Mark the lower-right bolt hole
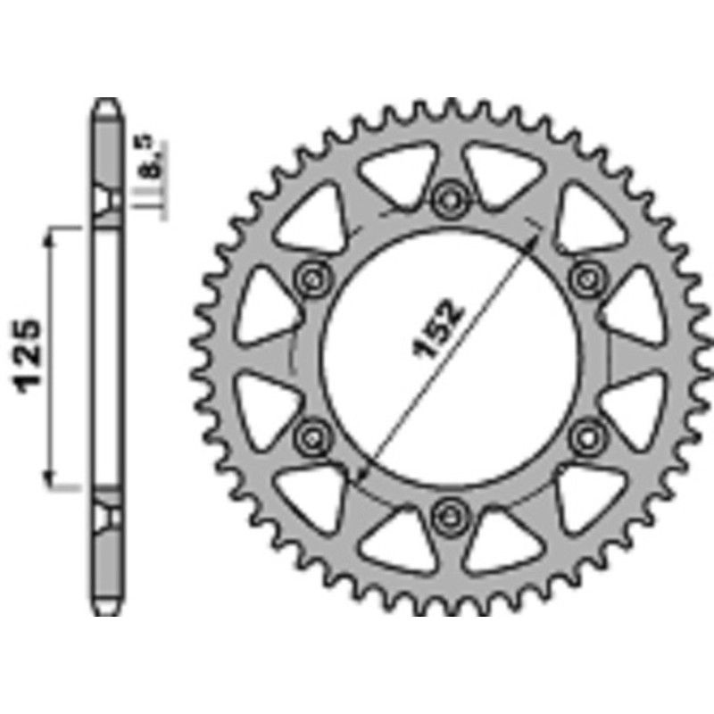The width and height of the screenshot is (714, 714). pyautogui.click(x=585, y=436)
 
